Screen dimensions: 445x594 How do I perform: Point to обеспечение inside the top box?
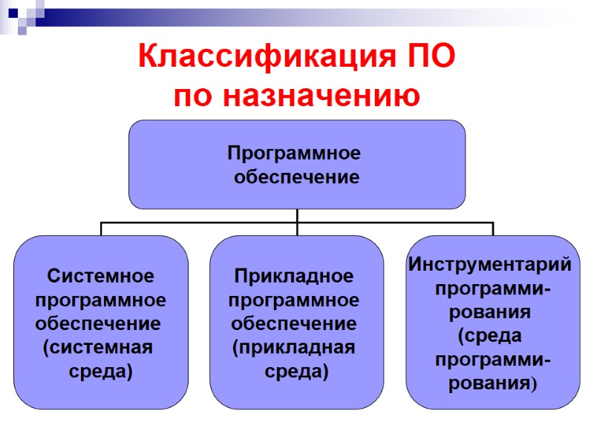coord(296,177)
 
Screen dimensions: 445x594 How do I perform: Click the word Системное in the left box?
coord(101,276)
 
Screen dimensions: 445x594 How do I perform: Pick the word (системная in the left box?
coord(98,347)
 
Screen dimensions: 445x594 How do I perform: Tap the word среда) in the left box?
coord(100,371)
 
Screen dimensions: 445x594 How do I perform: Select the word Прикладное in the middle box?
coord(295,276)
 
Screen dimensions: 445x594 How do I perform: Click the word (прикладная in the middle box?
coord(294,347)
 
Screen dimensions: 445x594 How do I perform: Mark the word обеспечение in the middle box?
coord(294,323)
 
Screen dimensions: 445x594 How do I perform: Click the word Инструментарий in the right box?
coord(491,264)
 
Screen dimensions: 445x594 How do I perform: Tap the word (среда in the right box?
coord(490,335)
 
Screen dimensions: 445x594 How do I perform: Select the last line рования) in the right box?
coord(492,383)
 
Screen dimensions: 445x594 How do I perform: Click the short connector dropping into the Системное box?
coord(102,228)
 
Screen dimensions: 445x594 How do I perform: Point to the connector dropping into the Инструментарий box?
coord(493,228)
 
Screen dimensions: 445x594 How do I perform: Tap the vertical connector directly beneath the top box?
coord(297,215)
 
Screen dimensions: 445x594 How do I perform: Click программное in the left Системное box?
coord(101,300)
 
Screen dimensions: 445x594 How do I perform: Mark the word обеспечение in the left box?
coord(99,323)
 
